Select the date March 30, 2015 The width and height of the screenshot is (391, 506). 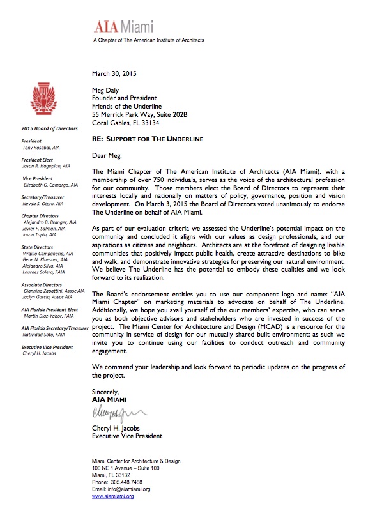click(118, 74)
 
